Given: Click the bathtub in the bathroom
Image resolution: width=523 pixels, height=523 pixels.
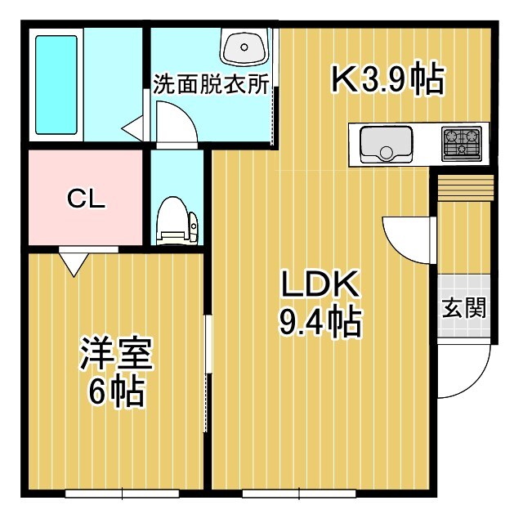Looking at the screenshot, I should [56, 84].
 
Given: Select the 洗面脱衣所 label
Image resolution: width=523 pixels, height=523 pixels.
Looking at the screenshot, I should [211, 86].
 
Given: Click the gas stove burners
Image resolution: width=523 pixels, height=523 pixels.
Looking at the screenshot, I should [462, 144].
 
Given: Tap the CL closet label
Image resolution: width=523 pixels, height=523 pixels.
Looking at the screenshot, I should [85, 199].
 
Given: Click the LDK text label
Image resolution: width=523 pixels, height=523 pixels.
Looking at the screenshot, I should [320, 286].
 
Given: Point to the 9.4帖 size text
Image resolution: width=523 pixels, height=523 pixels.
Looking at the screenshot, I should [320, 324].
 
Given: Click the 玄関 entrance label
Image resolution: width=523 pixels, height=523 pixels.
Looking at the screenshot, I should [465, 308].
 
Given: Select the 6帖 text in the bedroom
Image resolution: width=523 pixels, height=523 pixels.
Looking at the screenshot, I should [114, 393].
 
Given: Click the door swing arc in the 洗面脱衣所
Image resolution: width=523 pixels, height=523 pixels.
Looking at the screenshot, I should [176, 127].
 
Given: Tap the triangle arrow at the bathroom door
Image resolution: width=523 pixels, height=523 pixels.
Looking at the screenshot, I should [133, 127].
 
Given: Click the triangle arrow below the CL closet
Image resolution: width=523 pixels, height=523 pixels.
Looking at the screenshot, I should [74, 262].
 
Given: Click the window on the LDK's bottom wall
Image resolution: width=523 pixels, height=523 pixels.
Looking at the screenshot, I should [298, 493].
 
